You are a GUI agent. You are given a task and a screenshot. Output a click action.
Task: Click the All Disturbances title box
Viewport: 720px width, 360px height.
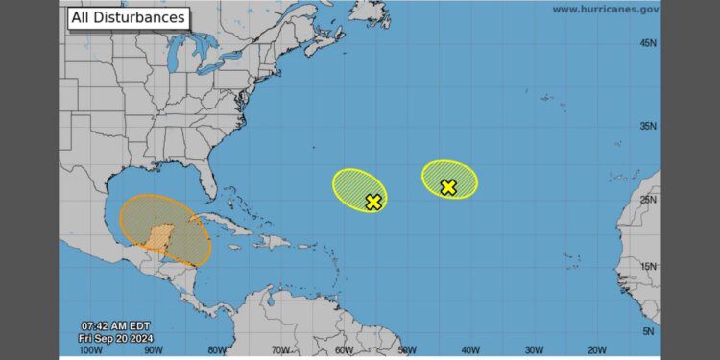[x=127, y=17]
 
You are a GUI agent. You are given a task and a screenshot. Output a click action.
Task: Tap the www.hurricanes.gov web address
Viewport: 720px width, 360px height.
[x=605, y=9]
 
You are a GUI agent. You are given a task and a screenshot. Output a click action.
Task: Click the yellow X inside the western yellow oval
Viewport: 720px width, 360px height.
[x=373, y=202]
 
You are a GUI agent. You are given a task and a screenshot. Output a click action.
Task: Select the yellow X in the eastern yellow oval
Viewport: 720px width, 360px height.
[x=448, y=187]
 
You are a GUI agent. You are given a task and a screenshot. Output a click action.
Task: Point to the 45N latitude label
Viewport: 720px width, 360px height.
[x=648, y=43]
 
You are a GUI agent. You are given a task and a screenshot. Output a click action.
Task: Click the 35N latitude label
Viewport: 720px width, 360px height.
[x=648, y=126]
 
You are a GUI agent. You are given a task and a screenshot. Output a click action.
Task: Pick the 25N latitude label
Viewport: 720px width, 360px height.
[x=648, y=200]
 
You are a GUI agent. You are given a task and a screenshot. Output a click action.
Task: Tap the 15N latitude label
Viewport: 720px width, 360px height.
[x=648, y=266]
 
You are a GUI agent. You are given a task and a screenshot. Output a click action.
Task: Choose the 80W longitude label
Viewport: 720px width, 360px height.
[x=218, y=349]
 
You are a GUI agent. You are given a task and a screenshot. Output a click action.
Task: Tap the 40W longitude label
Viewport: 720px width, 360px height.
[x=469, y=349]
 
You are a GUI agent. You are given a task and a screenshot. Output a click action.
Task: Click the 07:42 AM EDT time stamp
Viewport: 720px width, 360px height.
[x=113, y=324]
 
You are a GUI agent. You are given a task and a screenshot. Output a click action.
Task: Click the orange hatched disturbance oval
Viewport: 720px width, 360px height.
[x=165, y=230]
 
